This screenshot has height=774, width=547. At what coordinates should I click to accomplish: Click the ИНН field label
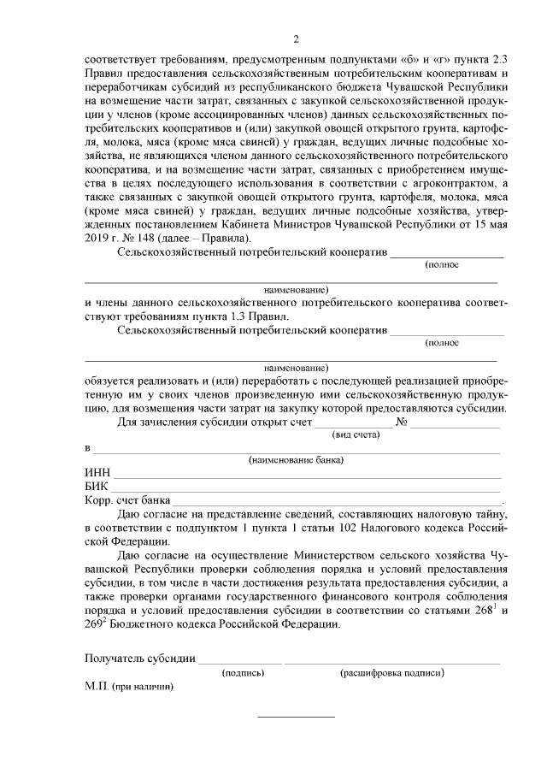pyautogui.click(x=97, y=472)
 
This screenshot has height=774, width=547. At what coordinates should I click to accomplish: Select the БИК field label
pyautogui.click(x=97, y=486)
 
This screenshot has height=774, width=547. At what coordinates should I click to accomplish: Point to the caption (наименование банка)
pyautogui.click(x=296, y=460)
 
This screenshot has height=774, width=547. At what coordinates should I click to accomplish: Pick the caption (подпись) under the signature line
pyautogui.click(x=243, y=673)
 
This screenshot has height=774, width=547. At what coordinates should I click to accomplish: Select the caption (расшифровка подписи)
pyautogui.click(x=391, y=673)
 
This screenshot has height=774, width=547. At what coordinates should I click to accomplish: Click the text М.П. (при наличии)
pyautogui.click(x=128, y=687)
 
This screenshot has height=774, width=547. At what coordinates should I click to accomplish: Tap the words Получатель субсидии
pyautogui.click(x=140, y=659)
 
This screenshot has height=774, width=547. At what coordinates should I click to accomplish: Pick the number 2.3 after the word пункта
pyautogui.click(x=501, y=58)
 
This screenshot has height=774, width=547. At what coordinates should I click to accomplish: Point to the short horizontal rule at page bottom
pyautogui.click(x=297, y=716)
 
